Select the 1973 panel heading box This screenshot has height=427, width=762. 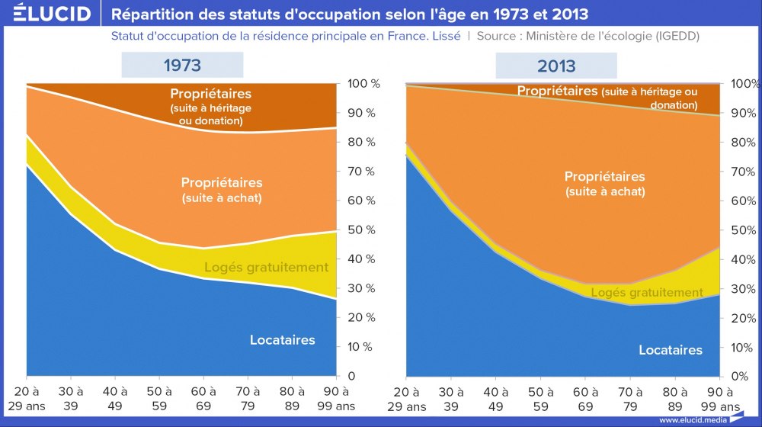click(182, 66)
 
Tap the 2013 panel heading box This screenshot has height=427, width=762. click(556, 66)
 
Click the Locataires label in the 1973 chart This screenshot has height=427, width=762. click(282, 340)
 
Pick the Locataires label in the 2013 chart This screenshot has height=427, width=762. click(671, 350)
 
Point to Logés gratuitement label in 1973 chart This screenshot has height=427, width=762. click(266, 268)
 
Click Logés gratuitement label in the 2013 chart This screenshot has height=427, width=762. click(647, 293)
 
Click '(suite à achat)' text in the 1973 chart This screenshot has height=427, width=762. click(222, 198)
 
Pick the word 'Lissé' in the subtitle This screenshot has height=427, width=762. click(445, 36)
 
